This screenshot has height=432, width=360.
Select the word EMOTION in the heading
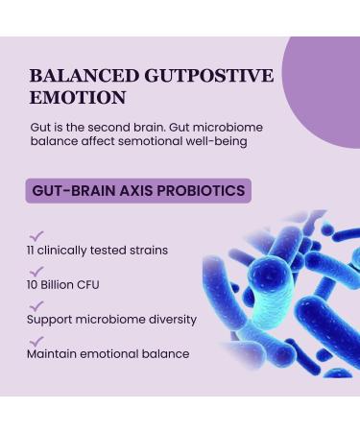point(78,97)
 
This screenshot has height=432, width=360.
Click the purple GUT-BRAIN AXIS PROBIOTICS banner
point(138,190)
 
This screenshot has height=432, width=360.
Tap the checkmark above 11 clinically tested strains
point(36,233)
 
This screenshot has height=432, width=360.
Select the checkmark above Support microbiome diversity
point(36,306)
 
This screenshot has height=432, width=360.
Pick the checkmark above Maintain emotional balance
point(36,341)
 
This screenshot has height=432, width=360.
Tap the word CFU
point(87,285)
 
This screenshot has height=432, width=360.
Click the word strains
point(149,251)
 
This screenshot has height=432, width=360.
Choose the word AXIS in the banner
point(129,190)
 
